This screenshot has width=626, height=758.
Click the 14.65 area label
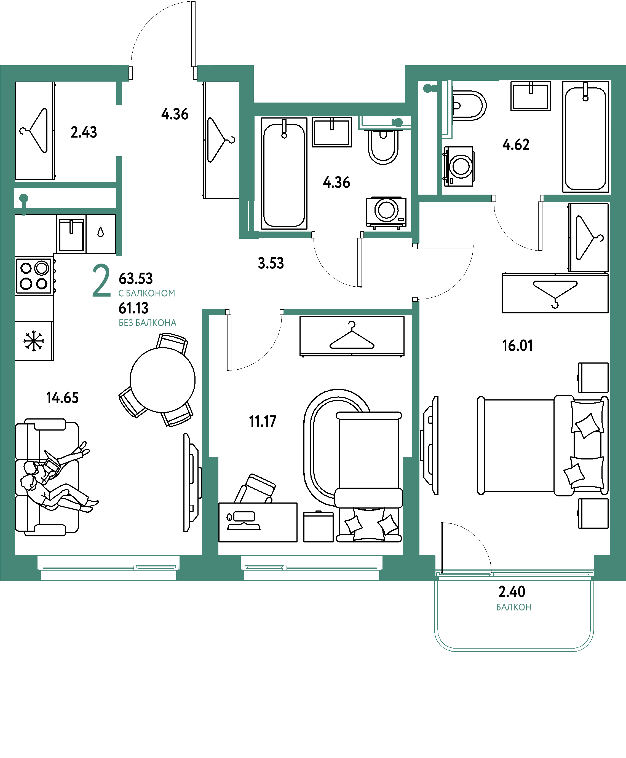[62, 397]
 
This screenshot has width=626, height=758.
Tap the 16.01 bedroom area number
[517, 346]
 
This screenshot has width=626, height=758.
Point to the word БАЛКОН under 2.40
[513, 607]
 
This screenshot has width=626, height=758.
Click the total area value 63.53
[136, 279]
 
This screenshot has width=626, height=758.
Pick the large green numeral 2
[101, 280]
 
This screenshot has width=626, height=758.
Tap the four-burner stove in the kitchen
[34, 276]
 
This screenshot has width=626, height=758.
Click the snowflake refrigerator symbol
[34, 341]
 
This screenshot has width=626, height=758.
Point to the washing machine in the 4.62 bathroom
[459, 166]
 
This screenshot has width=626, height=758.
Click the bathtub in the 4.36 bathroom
[284, 173]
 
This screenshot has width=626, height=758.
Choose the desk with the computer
[258, 523]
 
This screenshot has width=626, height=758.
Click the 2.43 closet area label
[84, 132]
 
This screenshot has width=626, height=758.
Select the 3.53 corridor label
[271, 263]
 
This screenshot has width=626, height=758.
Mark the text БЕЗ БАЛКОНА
[148, 323]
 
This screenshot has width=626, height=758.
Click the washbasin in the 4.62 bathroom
[530, 96]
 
